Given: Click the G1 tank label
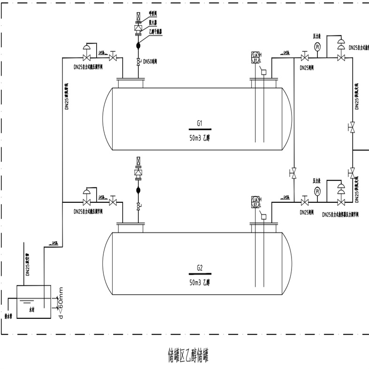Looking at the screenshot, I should point(199,123).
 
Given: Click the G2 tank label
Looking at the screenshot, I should point(199,269).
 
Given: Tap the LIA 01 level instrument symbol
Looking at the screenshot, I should point(256,58).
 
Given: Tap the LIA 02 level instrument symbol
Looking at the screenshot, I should point(256,202).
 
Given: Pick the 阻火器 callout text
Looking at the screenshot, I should point(153,22).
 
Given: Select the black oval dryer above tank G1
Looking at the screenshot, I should point(138,46).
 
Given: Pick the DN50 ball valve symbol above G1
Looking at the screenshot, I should point(138,61).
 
